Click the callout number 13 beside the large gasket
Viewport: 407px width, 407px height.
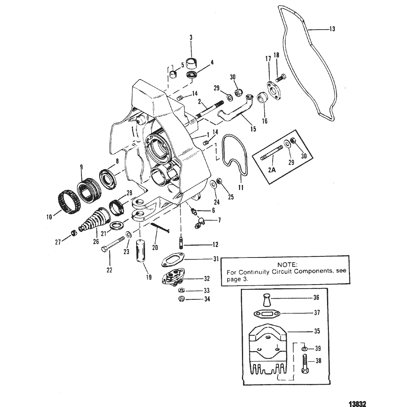333,29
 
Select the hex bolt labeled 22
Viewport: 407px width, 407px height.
112,244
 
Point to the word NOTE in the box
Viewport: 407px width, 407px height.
287,265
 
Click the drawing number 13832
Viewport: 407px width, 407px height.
357,404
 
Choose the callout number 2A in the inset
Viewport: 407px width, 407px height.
272,170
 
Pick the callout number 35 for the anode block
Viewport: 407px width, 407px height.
317,331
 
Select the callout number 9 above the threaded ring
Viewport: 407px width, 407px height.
81,167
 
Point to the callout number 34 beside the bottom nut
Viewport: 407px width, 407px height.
207,299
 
